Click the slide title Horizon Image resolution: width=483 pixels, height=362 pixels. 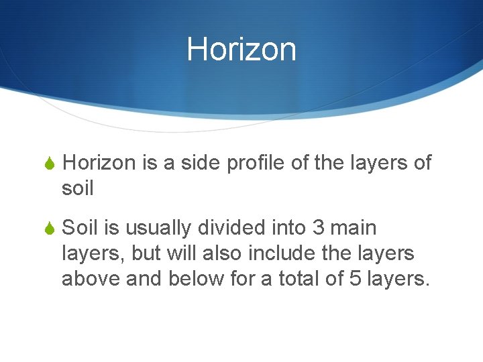click(241, 50)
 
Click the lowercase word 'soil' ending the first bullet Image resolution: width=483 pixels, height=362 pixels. click(77, 188)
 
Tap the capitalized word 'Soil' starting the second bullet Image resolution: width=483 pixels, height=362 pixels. click(80, 228)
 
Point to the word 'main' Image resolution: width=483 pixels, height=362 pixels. click(354, 228)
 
